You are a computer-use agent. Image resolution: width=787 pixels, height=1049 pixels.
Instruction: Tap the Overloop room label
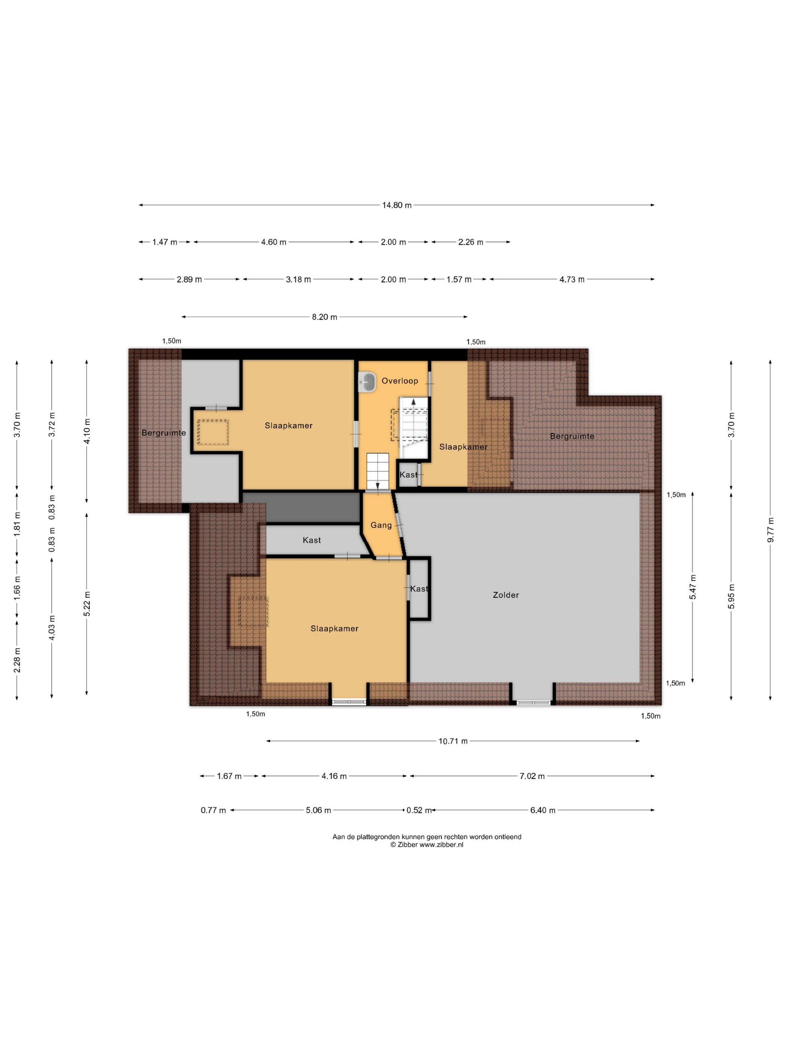click(x=399, y=381)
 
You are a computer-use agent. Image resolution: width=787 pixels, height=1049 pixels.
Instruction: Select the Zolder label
click(x=506, y=595)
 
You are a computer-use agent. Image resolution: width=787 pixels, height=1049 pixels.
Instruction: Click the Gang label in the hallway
click(x=381, y=525)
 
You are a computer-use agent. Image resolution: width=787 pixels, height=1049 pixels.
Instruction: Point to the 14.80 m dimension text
click(x=396, y=205)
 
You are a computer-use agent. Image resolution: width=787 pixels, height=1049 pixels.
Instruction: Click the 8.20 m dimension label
click(x=325, y=317)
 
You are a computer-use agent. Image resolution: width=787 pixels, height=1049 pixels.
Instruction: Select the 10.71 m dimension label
click(x=453, y=741)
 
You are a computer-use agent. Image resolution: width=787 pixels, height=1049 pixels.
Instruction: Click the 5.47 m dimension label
click(x=693, y=587)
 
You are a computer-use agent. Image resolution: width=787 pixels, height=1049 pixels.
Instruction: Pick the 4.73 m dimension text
click(x=572, y=280)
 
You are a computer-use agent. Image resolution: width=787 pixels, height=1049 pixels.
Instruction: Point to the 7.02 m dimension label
click(x=532, y=776)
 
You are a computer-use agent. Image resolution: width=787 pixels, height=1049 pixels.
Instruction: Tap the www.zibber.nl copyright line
click(x=426, y=844)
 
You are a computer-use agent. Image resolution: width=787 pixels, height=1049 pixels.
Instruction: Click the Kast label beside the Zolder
click(x=419, y=589)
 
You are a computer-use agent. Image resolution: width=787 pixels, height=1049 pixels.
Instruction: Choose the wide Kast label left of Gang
click(x=312, y=540)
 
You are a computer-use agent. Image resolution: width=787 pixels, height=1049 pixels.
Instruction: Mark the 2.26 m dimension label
click(x=470, y=242)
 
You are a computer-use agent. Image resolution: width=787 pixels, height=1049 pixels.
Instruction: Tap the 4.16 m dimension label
click(x=334, y=776)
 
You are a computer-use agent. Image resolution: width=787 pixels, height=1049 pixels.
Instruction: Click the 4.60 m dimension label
click(x=274, y=242)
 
